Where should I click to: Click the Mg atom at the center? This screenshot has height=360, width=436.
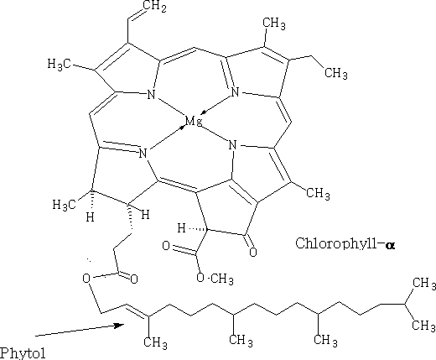click(194, 122)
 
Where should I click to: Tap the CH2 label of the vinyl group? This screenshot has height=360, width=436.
click(154, 7)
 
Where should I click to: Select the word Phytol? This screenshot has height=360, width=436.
click(23, 353)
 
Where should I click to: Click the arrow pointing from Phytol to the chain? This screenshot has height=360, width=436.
click(80, 330)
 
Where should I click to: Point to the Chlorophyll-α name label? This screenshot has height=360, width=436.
click(345, 243)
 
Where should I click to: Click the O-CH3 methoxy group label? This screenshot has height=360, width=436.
click(215, 279)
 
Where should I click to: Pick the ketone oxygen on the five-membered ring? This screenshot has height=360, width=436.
click(253, 252)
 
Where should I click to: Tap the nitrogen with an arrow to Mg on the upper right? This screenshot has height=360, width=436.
click(235, 92)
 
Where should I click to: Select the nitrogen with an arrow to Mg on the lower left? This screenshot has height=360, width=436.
click(143, 154)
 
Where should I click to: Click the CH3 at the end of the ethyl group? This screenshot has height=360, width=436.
click(336, 73)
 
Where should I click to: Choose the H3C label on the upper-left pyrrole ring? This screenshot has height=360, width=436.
click(60, 65)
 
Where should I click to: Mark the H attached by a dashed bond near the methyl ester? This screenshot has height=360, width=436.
click(182, 228)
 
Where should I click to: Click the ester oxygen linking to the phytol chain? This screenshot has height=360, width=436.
click(86, 279)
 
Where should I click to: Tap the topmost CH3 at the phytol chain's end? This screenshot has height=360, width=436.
click(424, 283)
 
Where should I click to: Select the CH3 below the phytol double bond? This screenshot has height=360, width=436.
click(155, 342)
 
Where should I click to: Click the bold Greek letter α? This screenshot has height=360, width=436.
click(390, 245)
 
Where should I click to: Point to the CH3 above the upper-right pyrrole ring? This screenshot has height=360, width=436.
click(274, 23)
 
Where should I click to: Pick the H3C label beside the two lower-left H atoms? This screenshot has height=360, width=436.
click(65, 205)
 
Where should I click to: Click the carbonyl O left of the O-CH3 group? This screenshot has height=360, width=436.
click(166, 246)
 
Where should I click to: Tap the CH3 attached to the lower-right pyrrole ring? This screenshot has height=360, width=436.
click(318, 194)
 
